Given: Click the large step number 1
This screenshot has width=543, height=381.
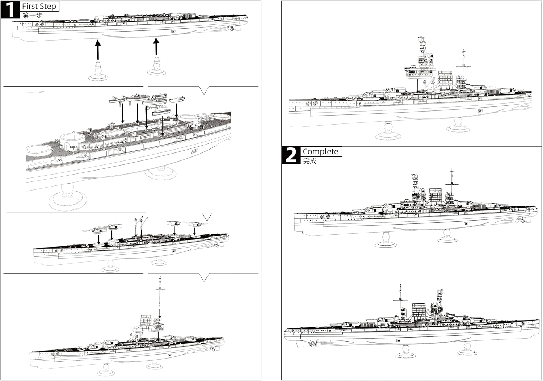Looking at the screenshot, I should pyautogui.click(x=10, y=9).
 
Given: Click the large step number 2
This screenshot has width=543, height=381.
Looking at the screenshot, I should pyautogui.click(x=291, y=155).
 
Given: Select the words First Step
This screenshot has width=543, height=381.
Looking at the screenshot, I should pyautogui.click(x=39, y=6).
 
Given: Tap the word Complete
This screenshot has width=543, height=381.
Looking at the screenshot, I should pyautogui.click(x=320, y=151).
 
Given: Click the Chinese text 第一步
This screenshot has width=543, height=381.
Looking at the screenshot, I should pyautogui.click(x=32, y=16).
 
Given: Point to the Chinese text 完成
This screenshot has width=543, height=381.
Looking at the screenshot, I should pyautogui.click(x=310, y=161).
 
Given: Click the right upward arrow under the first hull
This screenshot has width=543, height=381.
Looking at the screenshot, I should pyautogui.click(x=156, y=47).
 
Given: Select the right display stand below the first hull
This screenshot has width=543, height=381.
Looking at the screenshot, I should pyautogui.click(x=156, y=67).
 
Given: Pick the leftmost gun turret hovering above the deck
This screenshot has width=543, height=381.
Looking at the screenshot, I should pyautogui.click(x=92, y=229).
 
